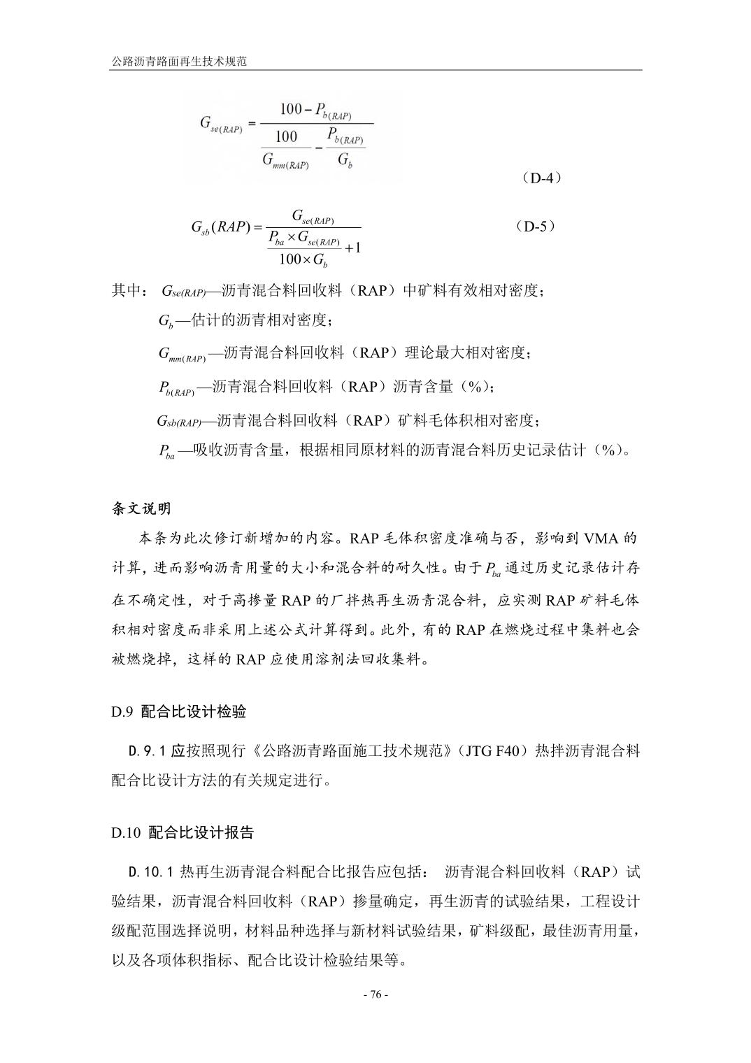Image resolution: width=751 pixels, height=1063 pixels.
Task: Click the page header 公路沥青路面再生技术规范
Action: coord(180,62)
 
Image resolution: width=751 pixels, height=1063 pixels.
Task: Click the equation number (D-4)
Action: coord(541,178)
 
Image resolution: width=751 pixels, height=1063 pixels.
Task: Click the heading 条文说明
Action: coord(141,508)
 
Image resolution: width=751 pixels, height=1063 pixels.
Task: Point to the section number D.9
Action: coord(122,712)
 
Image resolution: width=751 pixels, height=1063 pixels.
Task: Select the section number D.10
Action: coord(126,832)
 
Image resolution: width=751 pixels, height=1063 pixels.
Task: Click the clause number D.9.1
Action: coord(146,751)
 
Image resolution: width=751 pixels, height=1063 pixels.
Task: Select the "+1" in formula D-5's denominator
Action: coord(353,247)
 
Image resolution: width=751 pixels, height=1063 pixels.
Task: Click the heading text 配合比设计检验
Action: coord(194,712)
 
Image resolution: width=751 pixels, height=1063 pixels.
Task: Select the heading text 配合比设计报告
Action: coord(201,832)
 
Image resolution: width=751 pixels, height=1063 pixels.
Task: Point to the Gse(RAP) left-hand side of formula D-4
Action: coord(220,125)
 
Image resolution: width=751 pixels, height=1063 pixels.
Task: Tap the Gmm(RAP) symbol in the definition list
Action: coord(181,355)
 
